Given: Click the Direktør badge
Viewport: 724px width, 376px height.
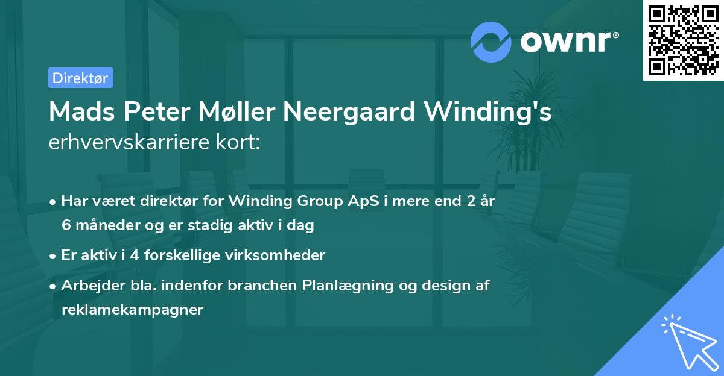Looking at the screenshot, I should pos(80,78).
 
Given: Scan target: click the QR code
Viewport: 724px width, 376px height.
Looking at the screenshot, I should pos(683,40).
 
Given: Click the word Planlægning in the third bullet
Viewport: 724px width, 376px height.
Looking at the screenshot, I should pos(341,286).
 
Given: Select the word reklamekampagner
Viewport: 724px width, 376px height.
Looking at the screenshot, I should pos(133,310).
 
